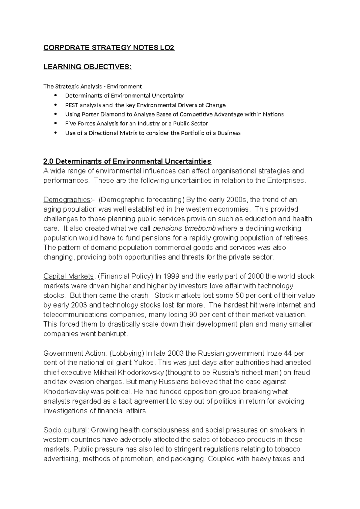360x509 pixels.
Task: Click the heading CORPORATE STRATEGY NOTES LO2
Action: pos(109,48)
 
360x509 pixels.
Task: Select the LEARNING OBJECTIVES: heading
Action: pos(87,67)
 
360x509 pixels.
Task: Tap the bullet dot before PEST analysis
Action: pos(55,105)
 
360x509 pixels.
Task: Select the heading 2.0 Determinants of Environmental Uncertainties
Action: pos(127,161)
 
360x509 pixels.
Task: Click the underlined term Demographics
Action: pos(67,200)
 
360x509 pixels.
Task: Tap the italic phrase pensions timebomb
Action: pos(184,229)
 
